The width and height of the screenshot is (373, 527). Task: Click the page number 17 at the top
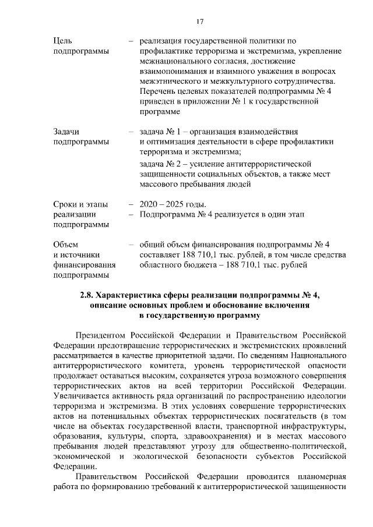(x=199, y=22)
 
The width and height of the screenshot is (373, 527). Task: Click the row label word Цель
(x=62, y=41)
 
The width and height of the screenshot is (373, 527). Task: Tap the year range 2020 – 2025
(x=165, y=204)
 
